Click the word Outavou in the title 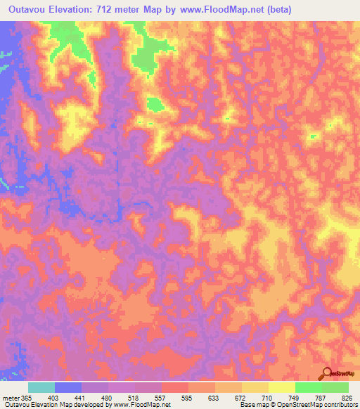(26, 10)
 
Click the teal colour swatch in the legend (41, 387)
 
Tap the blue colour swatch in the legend (68, 387)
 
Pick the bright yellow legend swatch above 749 (282, 387)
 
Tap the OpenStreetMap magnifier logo (326, 374)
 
